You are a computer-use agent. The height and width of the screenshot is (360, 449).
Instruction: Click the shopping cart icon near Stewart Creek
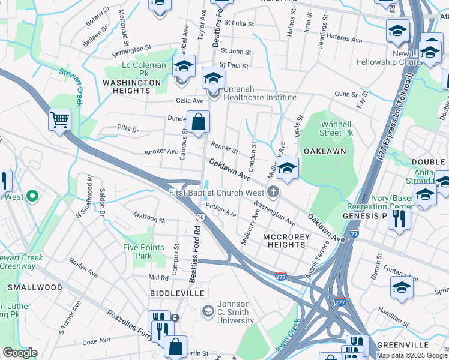(x=59, y=119)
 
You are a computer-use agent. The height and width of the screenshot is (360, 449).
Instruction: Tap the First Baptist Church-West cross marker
(x=274, y=192)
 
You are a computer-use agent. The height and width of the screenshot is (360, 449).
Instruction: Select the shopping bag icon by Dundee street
(x=198, y=122)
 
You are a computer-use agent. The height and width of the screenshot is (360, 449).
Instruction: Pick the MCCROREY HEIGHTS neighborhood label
(x=286, y=241)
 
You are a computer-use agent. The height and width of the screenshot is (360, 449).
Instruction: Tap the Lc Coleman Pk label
(x=144, y=69)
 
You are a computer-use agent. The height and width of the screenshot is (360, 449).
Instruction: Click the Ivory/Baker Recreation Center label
(x=385, y=202)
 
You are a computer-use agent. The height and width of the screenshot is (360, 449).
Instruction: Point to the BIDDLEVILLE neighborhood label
(x=176, y=293)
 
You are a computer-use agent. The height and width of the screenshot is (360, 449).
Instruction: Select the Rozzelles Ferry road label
(x=131, y=324)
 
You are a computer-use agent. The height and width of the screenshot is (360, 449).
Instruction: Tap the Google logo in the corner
(x=20, y=353)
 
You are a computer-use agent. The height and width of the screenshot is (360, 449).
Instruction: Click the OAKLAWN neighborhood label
(x=326, y=151)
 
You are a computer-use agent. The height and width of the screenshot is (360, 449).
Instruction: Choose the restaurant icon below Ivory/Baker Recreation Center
(x=399, y=220)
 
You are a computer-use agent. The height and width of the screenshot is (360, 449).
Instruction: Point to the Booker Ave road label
(x=161, y=152)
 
